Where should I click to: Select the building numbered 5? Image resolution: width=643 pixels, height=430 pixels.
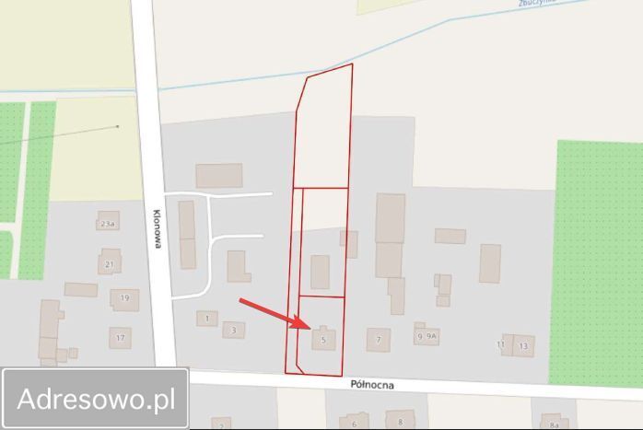pyautogui.click(x=322, y=339)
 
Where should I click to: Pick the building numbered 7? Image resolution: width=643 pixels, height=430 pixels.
pyautogui.click(x=378, y=340)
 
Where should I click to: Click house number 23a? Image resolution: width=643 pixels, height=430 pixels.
pyautogui.click(x=108, y=222)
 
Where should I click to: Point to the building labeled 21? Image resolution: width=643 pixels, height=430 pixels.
pyautogui.click(x=111, y=263)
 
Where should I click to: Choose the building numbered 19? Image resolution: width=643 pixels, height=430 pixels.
pyautogui.click(x=124, y=298)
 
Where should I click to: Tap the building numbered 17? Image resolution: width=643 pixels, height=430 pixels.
pyautogui.click(x=120, y=338)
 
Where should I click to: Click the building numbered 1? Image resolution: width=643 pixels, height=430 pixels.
pyautogui.click(x=206, y=319)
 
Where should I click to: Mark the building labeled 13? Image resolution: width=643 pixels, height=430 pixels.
pyautogui.click(x=523, y=345)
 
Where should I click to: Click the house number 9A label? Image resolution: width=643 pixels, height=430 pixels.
pyautogui.click(x=431, y=337)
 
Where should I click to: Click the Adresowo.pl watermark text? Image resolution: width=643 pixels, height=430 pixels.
pyautogui.click(x=96, y=399)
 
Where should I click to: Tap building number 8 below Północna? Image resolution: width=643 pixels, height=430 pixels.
pyautogui.click(x=400, y=421)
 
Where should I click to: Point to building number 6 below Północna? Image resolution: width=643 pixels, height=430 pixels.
pyautogui.click(x=354, y=423)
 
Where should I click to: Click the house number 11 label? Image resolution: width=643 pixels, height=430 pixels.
pyautogui.click(x=501, y=344)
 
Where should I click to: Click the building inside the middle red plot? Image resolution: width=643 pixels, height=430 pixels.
pyautogui.click(x=320, y=272)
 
